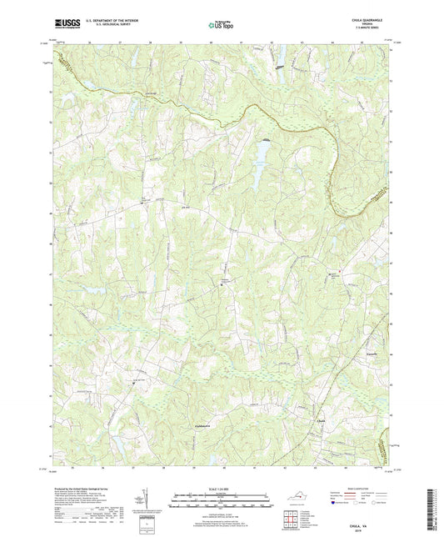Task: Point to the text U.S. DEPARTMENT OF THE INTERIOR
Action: point(112,23)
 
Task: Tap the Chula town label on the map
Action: point(321,421)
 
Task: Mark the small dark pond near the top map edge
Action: point(280,67)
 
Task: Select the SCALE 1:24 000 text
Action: point(222,487)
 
